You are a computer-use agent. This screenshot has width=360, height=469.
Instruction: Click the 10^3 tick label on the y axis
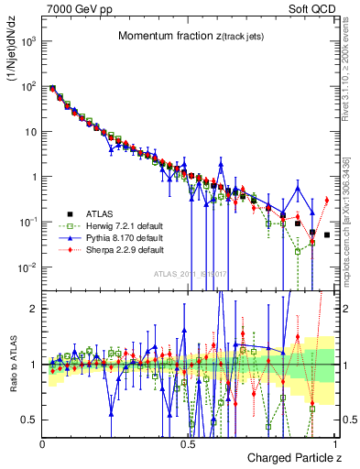[x=30, y=41]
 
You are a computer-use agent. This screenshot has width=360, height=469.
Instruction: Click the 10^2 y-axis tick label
[x=30, y=86]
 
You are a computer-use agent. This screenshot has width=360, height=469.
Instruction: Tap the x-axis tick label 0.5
[x=188, y=443]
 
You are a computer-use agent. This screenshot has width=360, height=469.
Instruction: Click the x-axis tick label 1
[x=334, y=443]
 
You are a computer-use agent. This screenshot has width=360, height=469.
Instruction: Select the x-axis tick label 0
[x=43, y=443]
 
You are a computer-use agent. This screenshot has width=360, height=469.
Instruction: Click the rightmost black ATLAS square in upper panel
[x=327, y=235]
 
